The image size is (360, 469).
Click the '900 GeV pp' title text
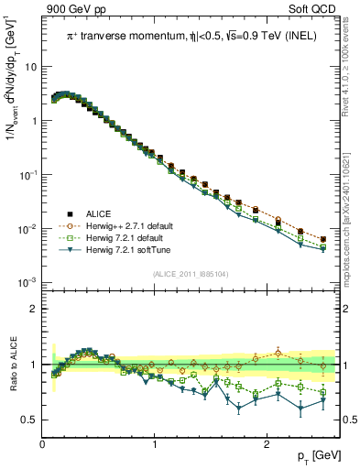71,8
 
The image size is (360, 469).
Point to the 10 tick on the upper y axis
30,67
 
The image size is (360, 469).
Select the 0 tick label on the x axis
42,444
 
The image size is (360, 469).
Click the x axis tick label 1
154,444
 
